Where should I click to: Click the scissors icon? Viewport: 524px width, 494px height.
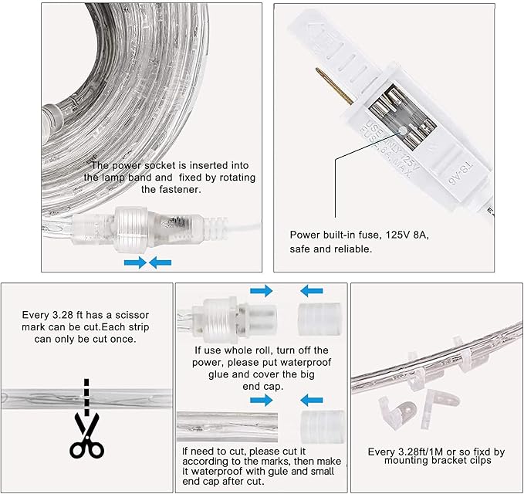(86, 437)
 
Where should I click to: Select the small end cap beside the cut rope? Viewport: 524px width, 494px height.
(316, 426)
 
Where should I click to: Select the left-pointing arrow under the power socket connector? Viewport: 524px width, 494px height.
(161, 263)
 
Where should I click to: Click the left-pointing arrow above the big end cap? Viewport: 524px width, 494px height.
(313, 291)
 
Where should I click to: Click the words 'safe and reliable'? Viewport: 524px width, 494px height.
(331, 249)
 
